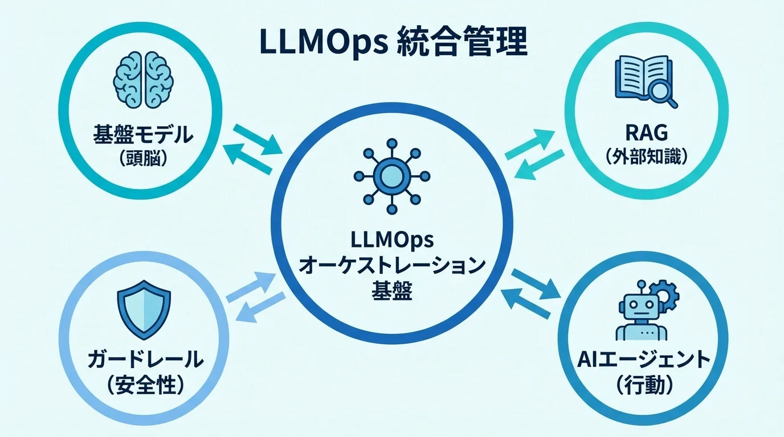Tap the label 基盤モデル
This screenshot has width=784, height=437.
(x=143, y=136)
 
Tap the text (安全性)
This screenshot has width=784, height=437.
(x=145, y=385)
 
